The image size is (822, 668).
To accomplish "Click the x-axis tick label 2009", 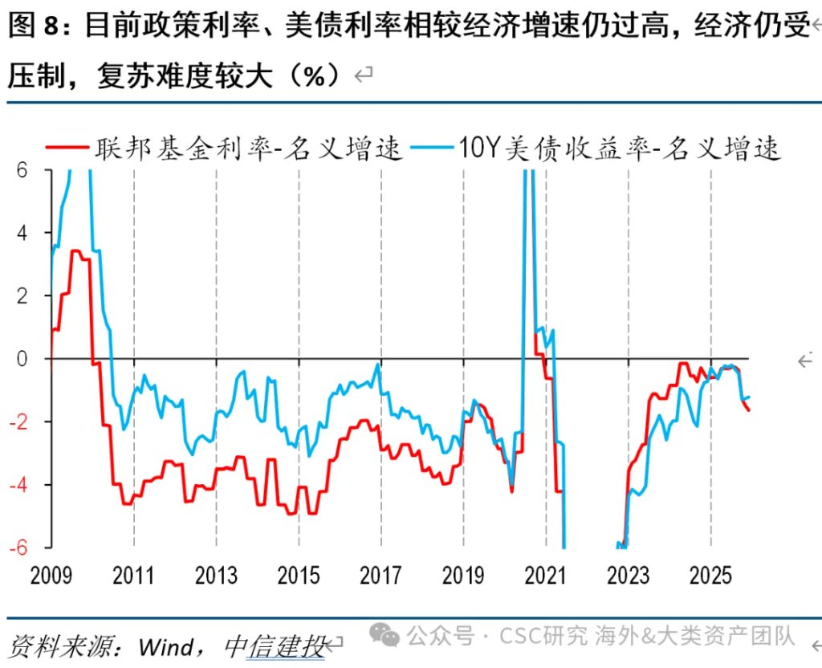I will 51,576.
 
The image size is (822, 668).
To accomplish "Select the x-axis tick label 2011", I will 133,576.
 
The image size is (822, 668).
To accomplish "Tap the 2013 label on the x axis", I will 216,576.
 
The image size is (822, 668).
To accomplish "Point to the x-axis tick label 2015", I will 299,576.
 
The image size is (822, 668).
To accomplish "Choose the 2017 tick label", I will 381,576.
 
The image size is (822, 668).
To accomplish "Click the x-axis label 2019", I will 463,576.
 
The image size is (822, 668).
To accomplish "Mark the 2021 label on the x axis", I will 546,576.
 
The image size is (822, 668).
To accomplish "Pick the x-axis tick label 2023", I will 629,576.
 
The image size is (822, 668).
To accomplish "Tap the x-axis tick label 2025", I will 710,576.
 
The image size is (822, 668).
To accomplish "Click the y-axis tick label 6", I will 22,170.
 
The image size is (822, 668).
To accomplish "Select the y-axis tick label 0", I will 22,359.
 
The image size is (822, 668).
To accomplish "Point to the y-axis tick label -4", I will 18,484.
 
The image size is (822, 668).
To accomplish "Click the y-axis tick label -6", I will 18,547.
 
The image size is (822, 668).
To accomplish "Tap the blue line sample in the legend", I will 432,148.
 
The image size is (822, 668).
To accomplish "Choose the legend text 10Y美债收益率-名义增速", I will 618,148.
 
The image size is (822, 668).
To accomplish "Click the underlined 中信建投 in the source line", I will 275,646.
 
